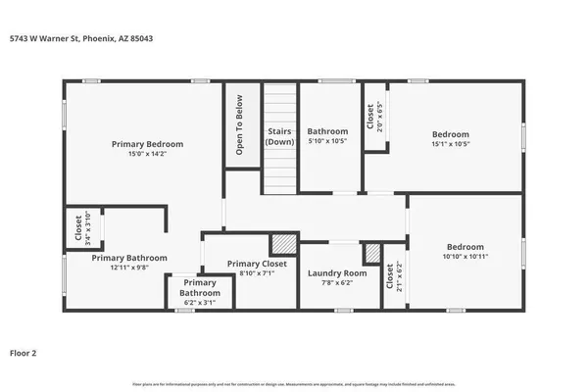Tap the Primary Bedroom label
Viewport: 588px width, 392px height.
(x=147, y=144)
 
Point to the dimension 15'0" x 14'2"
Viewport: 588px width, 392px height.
(x=147, y=154)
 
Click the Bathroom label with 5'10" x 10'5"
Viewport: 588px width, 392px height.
(x=327, y=131)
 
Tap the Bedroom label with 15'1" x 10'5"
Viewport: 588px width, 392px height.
(x=451, y=134)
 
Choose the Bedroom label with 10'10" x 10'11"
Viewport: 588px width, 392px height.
(x=465, y=247)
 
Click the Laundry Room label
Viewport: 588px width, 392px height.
(x=337, y=273)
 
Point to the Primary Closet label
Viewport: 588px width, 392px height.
(x=257, y=264)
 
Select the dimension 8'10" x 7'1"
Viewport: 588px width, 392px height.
(x=257, y=273)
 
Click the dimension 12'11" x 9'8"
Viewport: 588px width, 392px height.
(x=129, y=269)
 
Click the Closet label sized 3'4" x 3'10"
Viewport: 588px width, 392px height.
(x=78, y=228)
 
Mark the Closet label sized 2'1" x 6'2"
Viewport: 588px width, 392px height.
(x=389, y=278)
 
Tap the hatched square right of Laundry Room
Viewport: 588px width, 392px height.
(x=371, y=254)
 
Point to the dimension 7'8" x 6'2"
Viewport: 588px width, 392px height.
(x=337, y=283)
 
